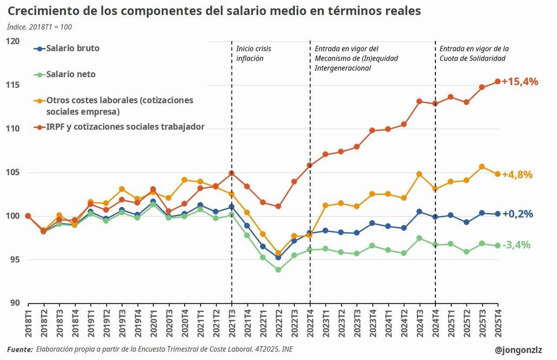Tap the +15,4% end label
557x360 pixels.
523,82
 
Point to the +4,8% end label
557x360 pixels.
519,175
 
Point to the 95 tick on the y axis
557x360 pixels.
15,260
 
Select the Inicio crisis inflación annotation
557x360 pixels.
253,53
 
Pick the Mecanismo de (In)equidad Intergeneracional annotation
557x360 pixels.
356,59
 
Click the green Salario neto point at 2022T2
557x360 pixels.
278,269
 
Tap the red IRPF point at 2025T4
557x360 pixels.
498,81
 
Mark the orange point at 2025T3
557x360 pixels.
482,167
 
